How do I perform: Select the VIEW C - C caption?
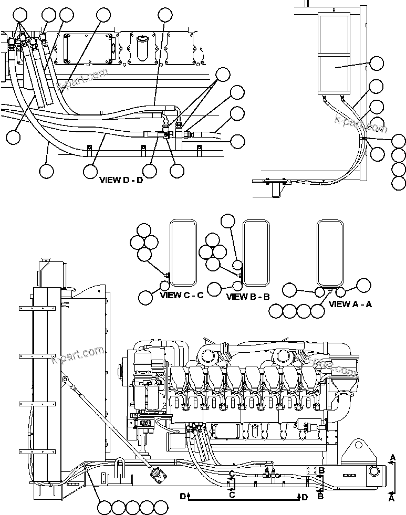181,295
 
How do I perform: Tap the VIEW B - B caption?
248,297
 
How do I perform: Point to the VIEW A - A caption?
350,304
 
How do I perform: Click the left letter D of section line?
183,496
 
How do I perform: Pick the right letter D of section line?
305,496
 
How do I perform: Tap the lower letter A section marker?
392,499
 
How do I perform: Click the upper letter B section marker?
321,470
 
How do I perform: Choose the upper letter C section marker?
230,474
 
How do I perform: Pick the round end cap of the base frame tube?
377,472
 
